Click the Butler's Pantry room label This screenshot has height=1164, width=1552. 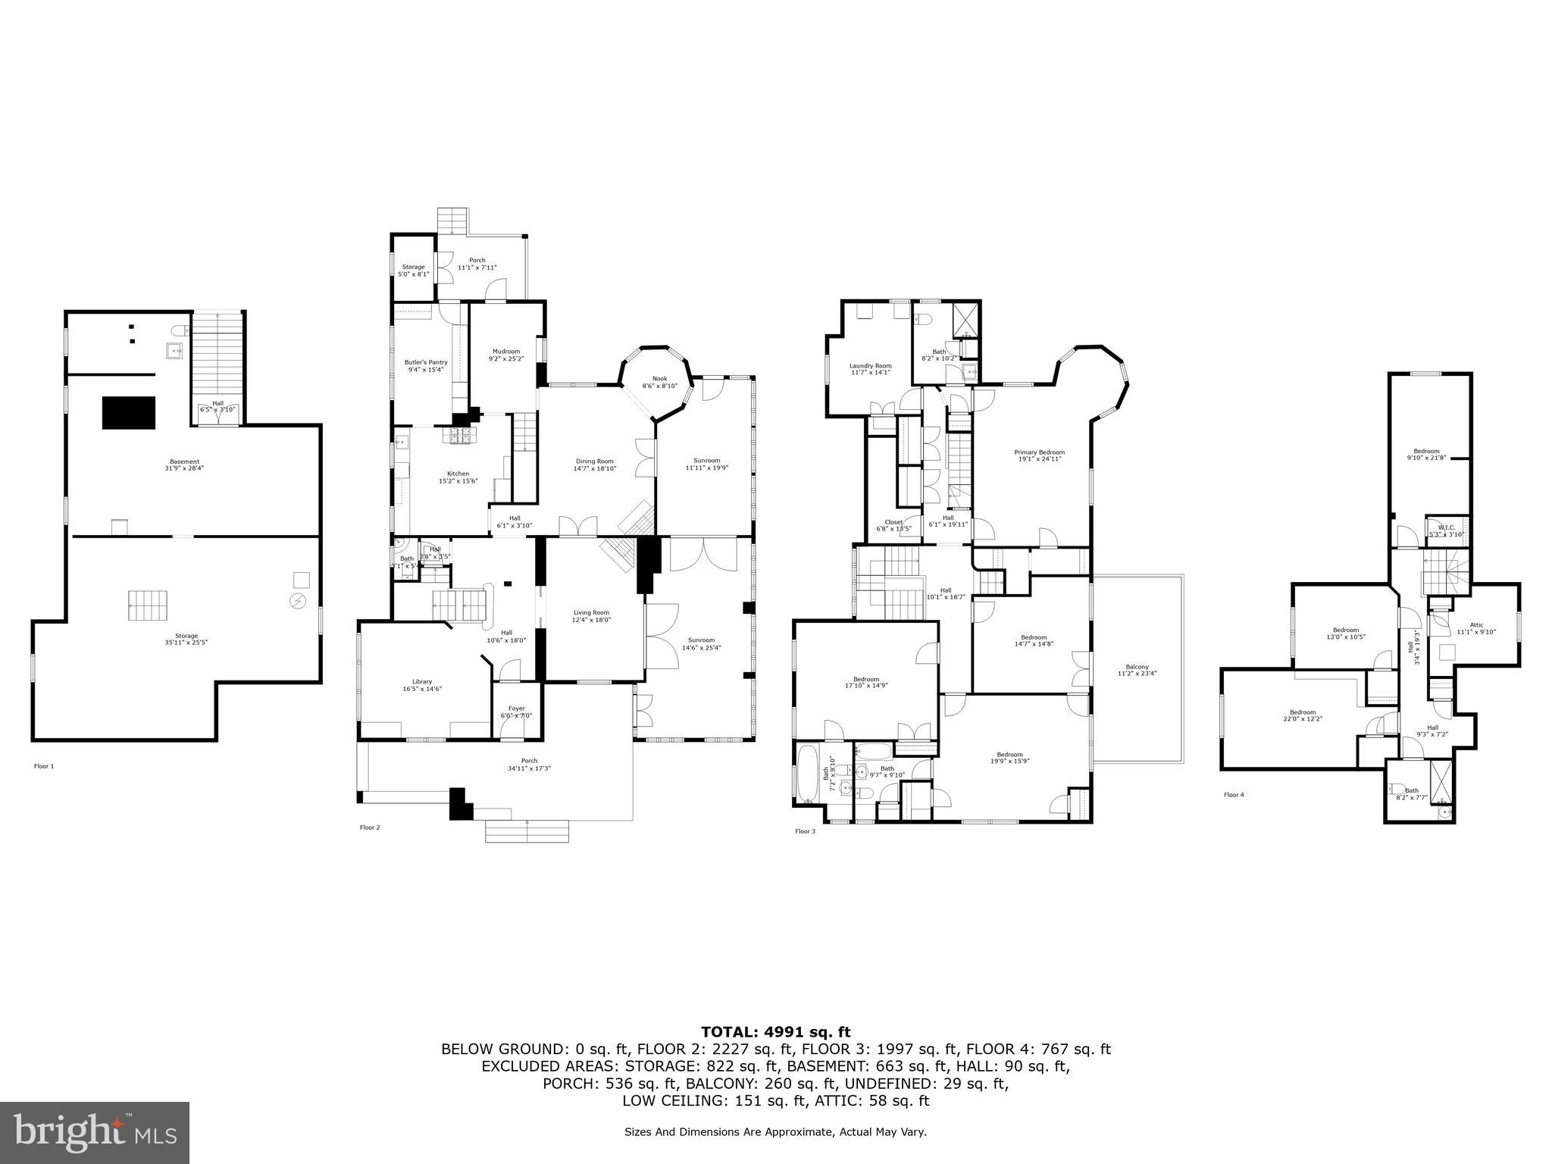point(426,362)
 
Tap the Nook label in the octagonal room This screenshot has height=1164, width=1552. point(660,378)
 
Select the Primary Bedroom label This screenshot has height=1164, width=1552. point(1039,452)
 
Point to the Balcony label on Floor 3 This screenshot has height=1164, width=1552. point(1137,667)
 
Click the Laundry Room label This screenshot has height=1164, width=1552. point(870,365)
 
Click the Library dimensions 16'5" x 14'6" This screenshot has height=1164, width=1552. point(422,689)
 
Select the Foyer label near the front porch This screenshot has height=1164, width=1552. point(517,709)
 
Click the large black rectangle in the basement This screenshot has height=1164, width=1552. point(129,413)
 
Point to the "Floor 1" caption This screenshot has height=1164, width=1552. point(44,766)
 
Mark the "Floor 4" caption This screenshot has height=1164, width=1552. point(1234,795)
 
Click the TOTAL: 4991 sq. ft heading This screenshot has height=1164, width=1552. point(775,1031)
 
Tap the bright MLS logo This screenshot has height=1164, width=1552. point(95,1132)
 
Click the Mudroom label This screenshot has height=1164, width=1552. point(506,351)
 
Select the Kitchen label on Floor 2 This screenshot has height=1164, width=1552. point(458,474)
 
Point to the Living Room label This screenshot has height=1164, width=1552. point(591,612)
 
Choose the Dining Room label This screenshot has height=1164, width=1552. point(595,461)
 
